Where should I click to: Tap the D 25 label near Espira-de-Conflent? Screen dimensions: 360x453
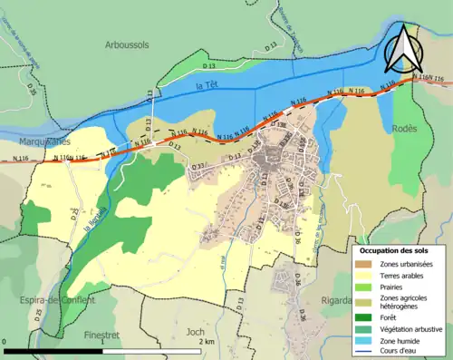(38, 316)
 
